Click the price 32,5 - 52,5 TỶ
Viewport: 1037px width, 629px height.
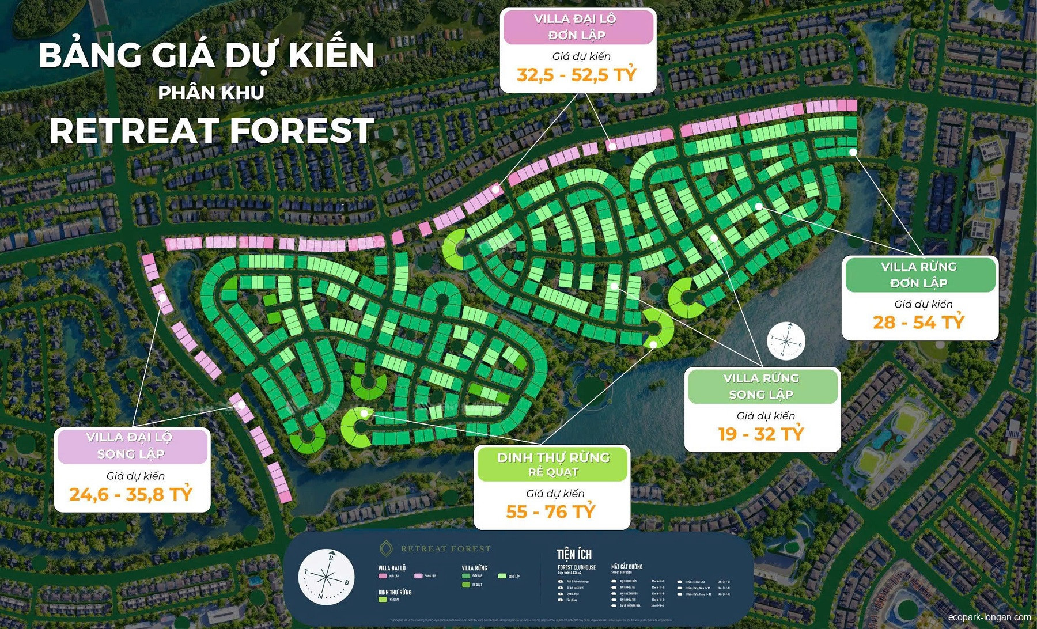coord(577,75)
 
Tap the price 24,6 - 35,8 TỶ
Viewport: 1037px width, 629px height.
coord(131,494)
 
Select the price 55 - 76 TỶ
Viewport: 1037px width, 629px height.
coord(551,511)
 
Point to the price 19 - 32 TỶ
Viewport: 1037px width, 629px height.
coord(760,434)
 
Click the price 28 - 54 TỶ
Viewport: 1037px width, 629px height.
coord(918,322)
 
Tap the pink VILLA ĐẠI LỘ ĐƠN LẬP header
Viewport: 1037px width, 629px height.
coord(577,26)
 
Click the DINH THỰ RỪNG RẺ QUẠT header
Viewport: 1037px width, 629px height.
coord(553,464)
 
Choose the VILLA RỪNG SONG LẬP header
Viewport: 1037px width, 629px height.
coord(762,386)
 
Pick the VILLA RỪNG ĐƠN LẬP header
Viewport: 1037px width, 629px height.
coord(919,274)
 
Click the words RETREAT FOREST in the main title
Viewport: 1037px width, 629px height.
coord(211,130)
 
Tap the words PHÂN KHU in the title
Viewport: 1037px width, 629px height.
coord(211,92)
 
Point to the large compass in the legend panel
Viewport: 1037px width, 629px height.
coord(326,577)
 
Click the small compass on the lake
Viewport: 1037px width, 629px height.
coord(786,341)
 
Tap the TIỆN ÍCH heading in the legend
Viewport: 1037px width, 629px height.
coord(574,554)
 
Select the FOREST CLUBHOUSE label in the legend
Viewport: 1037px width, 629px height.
coord(576,567)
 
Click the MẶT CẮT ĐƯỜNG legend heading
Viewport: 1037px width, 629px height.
coord(626,567)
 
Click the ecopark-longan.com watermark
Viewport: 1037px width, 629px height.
coord(989,617)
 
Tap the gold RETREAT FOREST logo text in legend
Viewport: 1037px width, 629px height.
coord(445,548)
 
